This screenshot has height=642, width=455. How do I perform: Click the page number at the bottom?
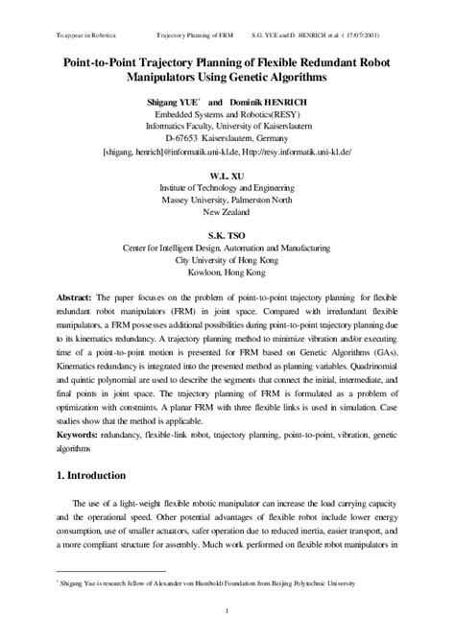227,613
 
